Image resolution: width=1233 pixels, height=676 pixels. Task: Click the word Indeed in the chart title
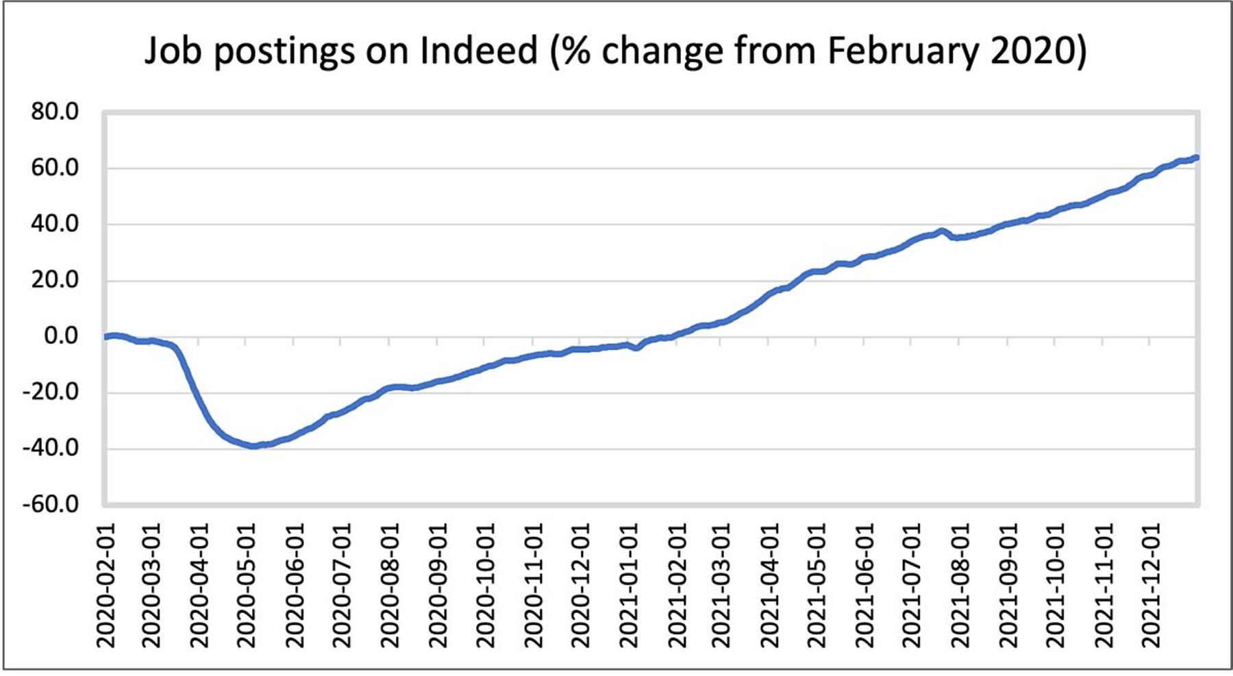pos(479,50)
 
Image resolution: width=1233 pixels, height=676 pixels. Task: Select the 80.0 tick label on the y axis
pos(55,112)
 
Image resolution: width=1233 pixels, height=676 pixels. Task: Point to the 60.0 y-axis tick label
pos(55,168)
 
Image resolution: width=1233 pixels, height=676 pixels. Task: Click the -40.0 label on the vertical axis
pos(51,448)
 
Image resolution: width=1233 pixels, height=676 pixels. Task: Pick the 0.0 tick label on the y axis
pos(62,336)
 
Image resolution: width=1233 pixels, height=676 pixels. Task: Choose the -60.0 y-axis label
pos(51,504)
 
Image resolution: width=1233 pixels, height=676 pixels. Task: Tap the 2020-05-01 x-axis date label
pos(245,586)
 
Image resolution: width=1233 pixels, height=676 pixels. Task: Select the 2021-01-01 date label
pos(628,586)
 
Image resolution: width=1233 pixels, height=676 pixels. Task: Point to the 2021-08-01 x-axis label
pos(960,586)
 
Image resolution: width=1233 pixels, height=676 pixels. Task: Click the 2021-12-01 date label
pos(1151,586)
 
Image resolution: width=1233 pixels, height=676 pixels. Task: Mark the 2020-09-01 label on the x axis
pos(436,586)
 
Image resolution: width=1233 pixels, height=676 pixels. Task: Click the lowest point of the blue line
pos(253,446)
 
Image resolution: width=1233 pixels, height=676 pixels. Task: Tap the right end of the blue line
pos(1196,158)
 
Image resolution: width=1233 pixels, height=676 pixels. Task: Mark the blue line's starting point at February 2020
pos(105,336)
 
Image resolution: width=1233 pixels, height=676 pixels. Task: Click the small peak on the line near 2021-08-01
pos(942,231)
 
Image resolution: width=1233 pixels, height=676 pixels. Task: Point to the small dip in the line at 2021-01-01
pos(637,347)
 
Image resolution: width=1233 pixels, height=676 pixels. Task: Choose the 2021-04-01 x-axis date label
pos(770,586)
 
